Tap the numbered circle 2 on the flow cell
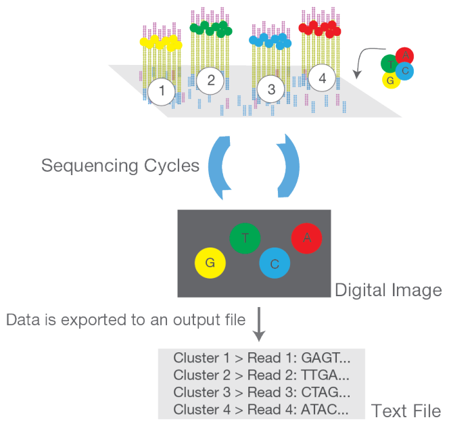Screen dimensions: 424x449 [x=211, y=80]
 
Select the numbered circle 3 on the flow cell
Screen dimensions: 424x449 [x=271, y=89]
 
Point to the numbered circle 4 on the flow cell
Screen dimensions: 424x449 [x=322, y=78]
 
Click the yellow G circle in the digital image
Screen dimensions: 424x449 [x=210, y=263]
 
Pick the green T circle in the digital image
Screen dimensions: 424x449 [x=245, y=238]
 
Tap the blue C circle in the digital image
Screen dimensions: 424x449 [x=275, y=264]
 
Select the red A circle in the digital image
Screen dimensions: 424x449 [x=307, y=237]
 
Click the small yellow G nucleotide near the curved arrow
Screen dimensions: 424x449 [x=389, y=80]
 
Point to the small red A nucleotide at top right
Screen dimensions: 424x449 [x=405, y=55]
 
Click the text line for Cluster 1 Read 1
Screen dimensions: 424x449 [x=261, y=358]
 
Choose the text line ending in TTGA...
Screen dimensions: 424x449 [x=261, y=375]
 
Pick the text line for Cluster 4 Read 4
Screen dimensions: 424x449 [x=261, y=408]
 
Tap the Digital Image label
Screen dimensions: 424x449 [x=388, y=290]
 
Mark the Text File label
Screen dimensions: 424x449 [x=406, y=410]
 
